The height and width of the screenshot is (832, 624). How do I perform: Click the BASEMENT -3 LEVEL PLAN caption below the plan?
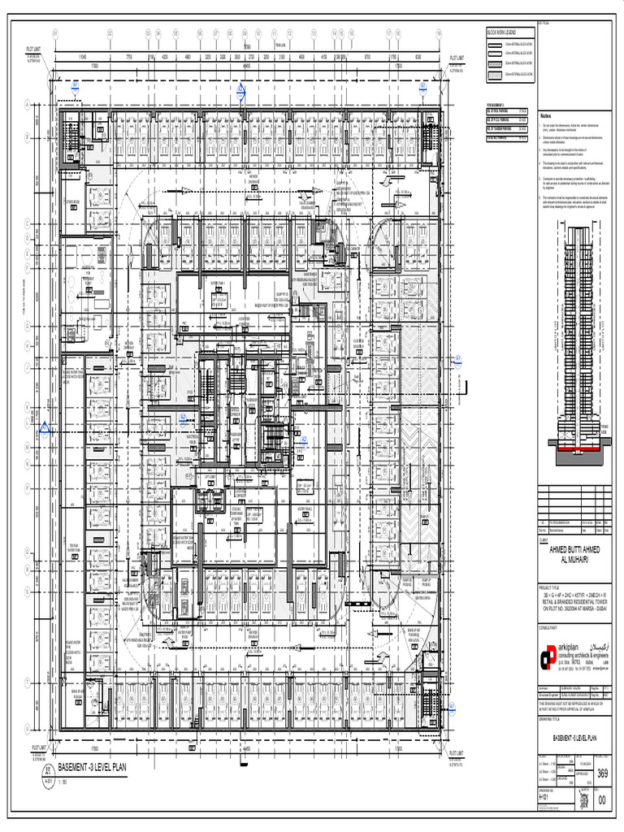click(97, 766)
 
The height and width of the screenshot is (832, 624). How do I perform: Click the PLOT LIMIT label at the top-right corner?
click(457, 58)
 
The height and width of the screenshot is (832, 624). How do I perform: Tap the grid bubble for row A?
click(28, 103)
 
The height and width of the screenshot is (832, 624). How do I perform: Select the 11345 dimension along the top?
click(82, 58)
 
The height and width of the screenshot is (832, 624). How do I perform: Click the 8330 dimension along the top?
click(418, 58)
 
